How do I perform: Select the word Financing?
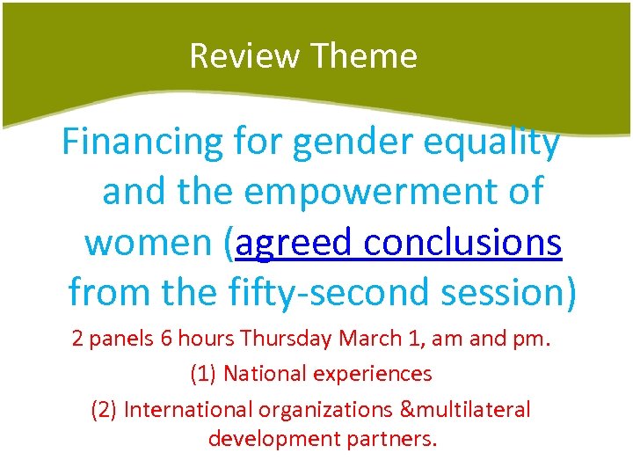tap(144, 142)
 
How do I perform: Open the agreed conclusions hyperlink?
tap(398, 241)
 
